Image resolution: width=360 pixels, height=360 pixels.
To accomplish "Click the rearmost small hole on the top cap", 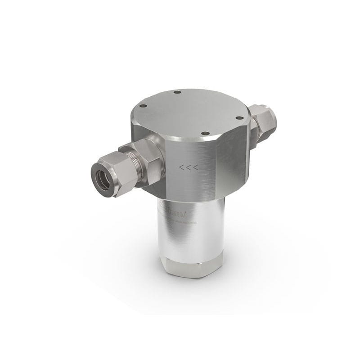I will click(177, 92).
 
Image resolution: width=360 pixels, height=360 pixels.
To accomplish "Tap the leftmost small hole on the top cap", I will click(144, 107).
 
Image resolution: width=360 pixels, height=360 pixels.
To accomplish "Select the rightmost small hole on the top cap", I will click(239, 118).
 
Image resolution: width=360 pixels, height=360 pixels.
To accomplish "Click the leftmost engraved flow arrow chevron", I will click(181, 168).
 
